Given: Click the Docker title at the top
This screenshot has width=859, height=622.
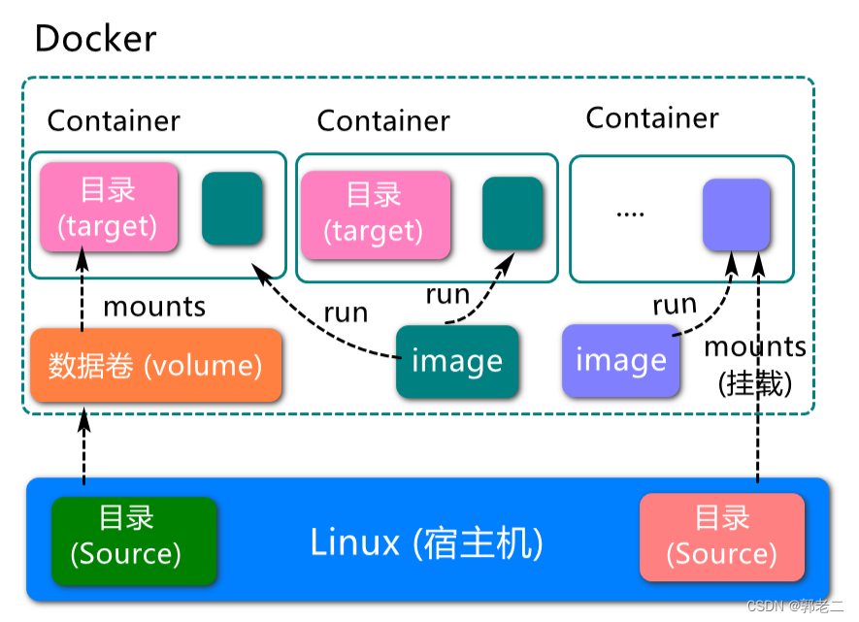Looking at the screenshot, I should pyautogui.click(x=95, y=39).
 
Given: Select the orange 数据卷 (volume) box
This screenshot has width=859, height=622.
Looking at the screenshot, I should pyautogui.click(x=156, y=366).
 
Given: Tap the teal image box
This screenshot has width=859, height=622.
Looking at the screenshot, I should pyautogui.click(x=457, y=362).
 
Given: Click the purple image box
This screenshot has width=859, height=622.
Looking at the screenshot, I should pyautogui.click(x=621, y=361).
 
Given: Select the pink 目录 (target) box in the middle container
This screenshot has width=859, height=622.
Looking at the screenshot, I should pyautogui.click(x=375, y=213).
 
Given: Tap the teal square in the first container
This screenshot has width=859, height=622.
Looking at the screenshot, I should pyautogui.click(x=232, y=209).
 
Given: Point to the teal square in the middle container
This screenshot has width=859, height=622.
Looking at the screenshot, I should pyautogui.click(x=512, y=213).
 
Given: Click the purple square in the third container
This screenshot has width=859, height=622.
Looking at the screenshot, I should pyautogui.click(x=737, y=213).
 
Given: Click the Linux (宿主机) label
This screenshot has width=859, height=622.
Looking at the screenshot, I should pyautogui.click(x=426, y=541).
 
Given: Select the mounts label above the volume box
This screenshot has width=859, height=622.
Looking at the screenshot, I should pyautogui.click(x=154, y=307).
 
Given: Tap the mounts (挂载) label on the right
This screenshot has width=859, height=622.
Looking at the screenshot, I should pyautogui.click(x=755, y=365).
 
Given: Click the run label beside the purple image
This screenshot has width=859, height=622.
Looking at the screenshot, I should pyautogui.click(x=675, y=305).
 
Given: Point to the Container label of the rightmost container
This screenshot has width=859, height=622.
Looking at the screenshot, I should pyautogui.click(x=652, y=118).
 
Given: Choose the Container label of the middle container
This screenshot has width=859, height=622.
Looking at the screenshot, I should pyautogui.click(x=383, y=121).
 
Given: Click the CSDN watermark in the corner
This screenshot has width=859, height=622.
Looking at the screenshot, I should pyautogui.click(x=797, y=606).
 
